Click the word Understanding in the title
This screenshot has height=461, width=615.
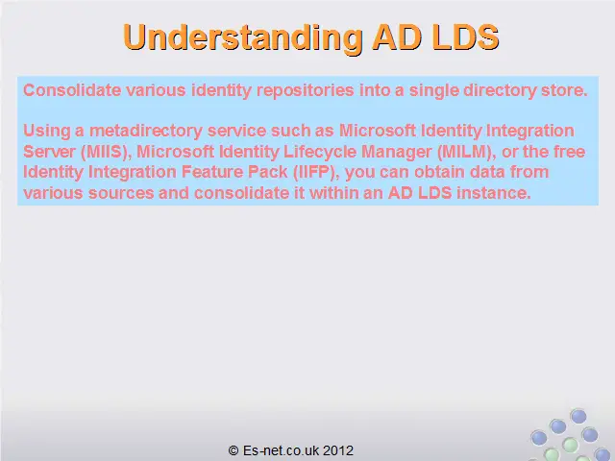[x=243, y=37]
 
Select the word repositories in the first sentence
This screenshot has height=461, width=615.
[x=306, y=91]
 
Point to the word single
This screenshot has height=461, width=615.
[x=433, y=91]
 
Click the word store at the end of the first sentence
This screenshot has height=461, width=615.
[x=564, y=90]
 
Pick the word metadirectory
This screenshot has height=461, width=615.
[x=145, y=131]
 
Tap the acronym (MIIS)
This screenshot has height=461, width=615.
[x=106, y=152]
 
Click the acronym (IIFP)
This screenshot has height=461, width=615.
[x=316, y=172]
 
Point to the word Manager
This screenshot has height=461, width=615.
[x=396, y=152]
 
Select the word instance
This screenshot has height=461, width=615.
[x=493, y=193]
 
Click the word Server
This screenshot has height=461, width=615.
[x=49, y=152]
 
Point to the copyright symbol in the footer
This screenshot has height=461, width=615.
[x=234, y=450]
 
